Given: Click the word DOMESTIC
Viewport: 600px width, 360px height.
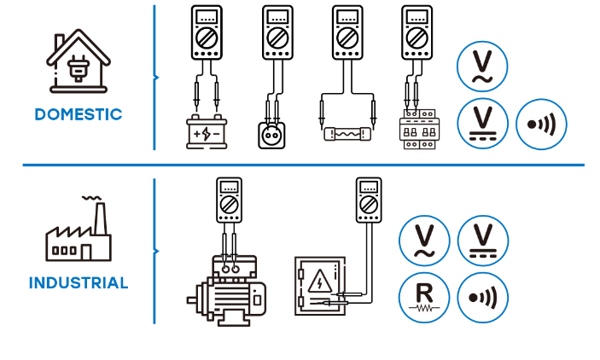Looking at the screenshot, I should coord(79,114).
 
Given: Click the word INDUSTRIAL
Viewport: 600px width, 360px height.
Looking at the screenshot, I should coord(79,282).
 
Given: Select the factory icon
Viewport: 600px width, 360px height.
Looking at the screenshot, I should coord(78,231).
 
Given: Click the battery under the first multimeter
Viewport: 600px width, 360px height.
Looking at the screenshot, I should coord(207,133).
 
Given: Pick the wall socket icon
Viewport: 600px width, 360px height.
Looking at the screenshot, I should coord(275,135).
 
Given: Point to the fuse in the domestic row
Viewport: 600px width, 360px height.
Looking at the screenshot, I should coord(347,134).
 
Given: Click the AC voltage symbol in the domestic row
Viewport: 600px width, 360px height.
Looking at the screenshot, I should coord(482,65).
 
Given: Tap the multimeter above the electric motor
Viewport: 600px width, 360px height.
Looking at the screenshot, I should coord(228,202).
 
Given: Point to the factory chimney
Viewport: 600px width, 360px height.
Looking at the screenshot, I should coord(100,217).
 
